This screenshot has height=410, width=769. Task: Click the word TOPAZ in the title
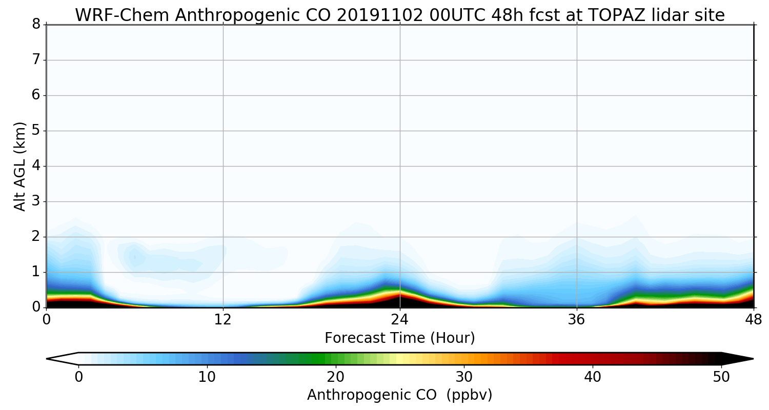[596, 15]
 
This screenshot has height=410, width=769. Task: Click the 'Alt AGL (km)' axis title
[20, 166]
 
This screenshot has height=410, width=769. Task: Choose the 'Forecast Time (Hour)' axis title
[400, 338]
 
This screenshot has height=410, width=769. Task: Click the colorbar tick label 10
[207, 377]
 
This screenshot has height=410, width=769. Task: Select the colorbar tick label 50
[721, 377]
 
